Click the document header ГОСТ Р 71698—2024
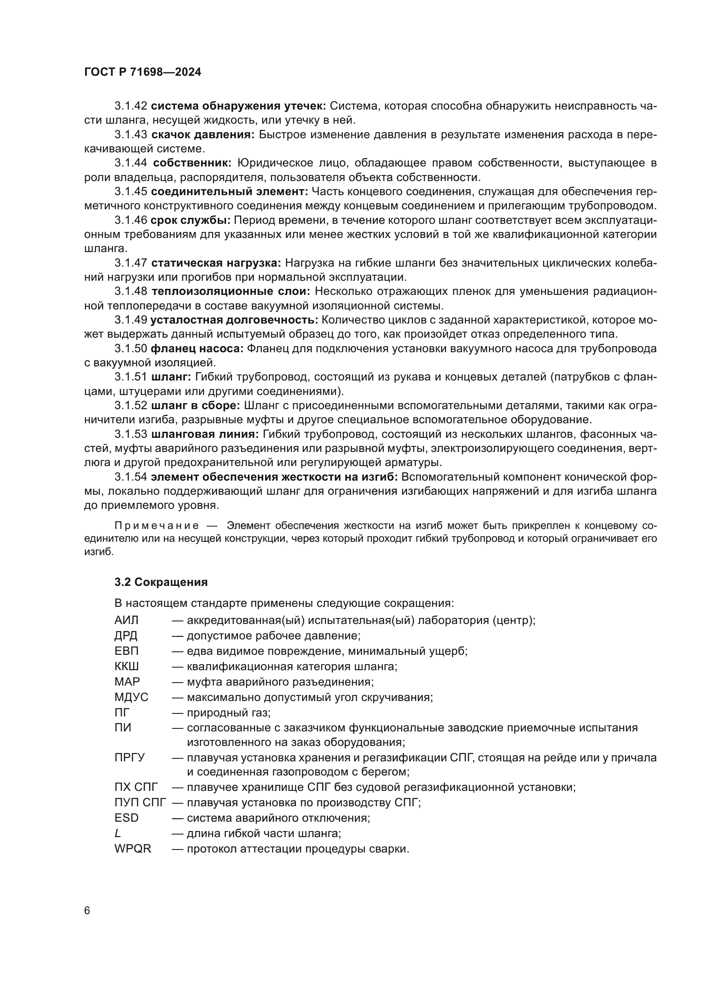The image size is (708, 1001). [143, 72]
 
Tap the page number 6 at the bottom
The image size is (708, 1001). [87, 911]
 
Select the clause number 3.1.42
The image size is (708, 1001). [131, 106]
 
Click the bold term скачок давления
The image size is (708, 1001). [203, 135]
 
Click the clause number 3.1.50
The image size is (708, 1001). [131, 349]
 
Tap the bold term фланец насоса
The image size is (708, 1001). [197, 349]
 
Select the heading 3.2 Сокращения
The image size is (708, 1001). [161, 582]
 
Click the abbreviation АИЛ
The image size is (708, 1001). [126, 621]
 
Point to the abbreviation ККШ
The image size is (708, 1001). [127, 667]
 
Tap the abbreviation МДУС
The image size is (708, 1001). [131, 697]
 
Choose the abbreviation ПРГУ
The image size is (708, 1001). [129, 758]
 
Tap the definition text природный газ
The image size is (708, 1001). [229, 713]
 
